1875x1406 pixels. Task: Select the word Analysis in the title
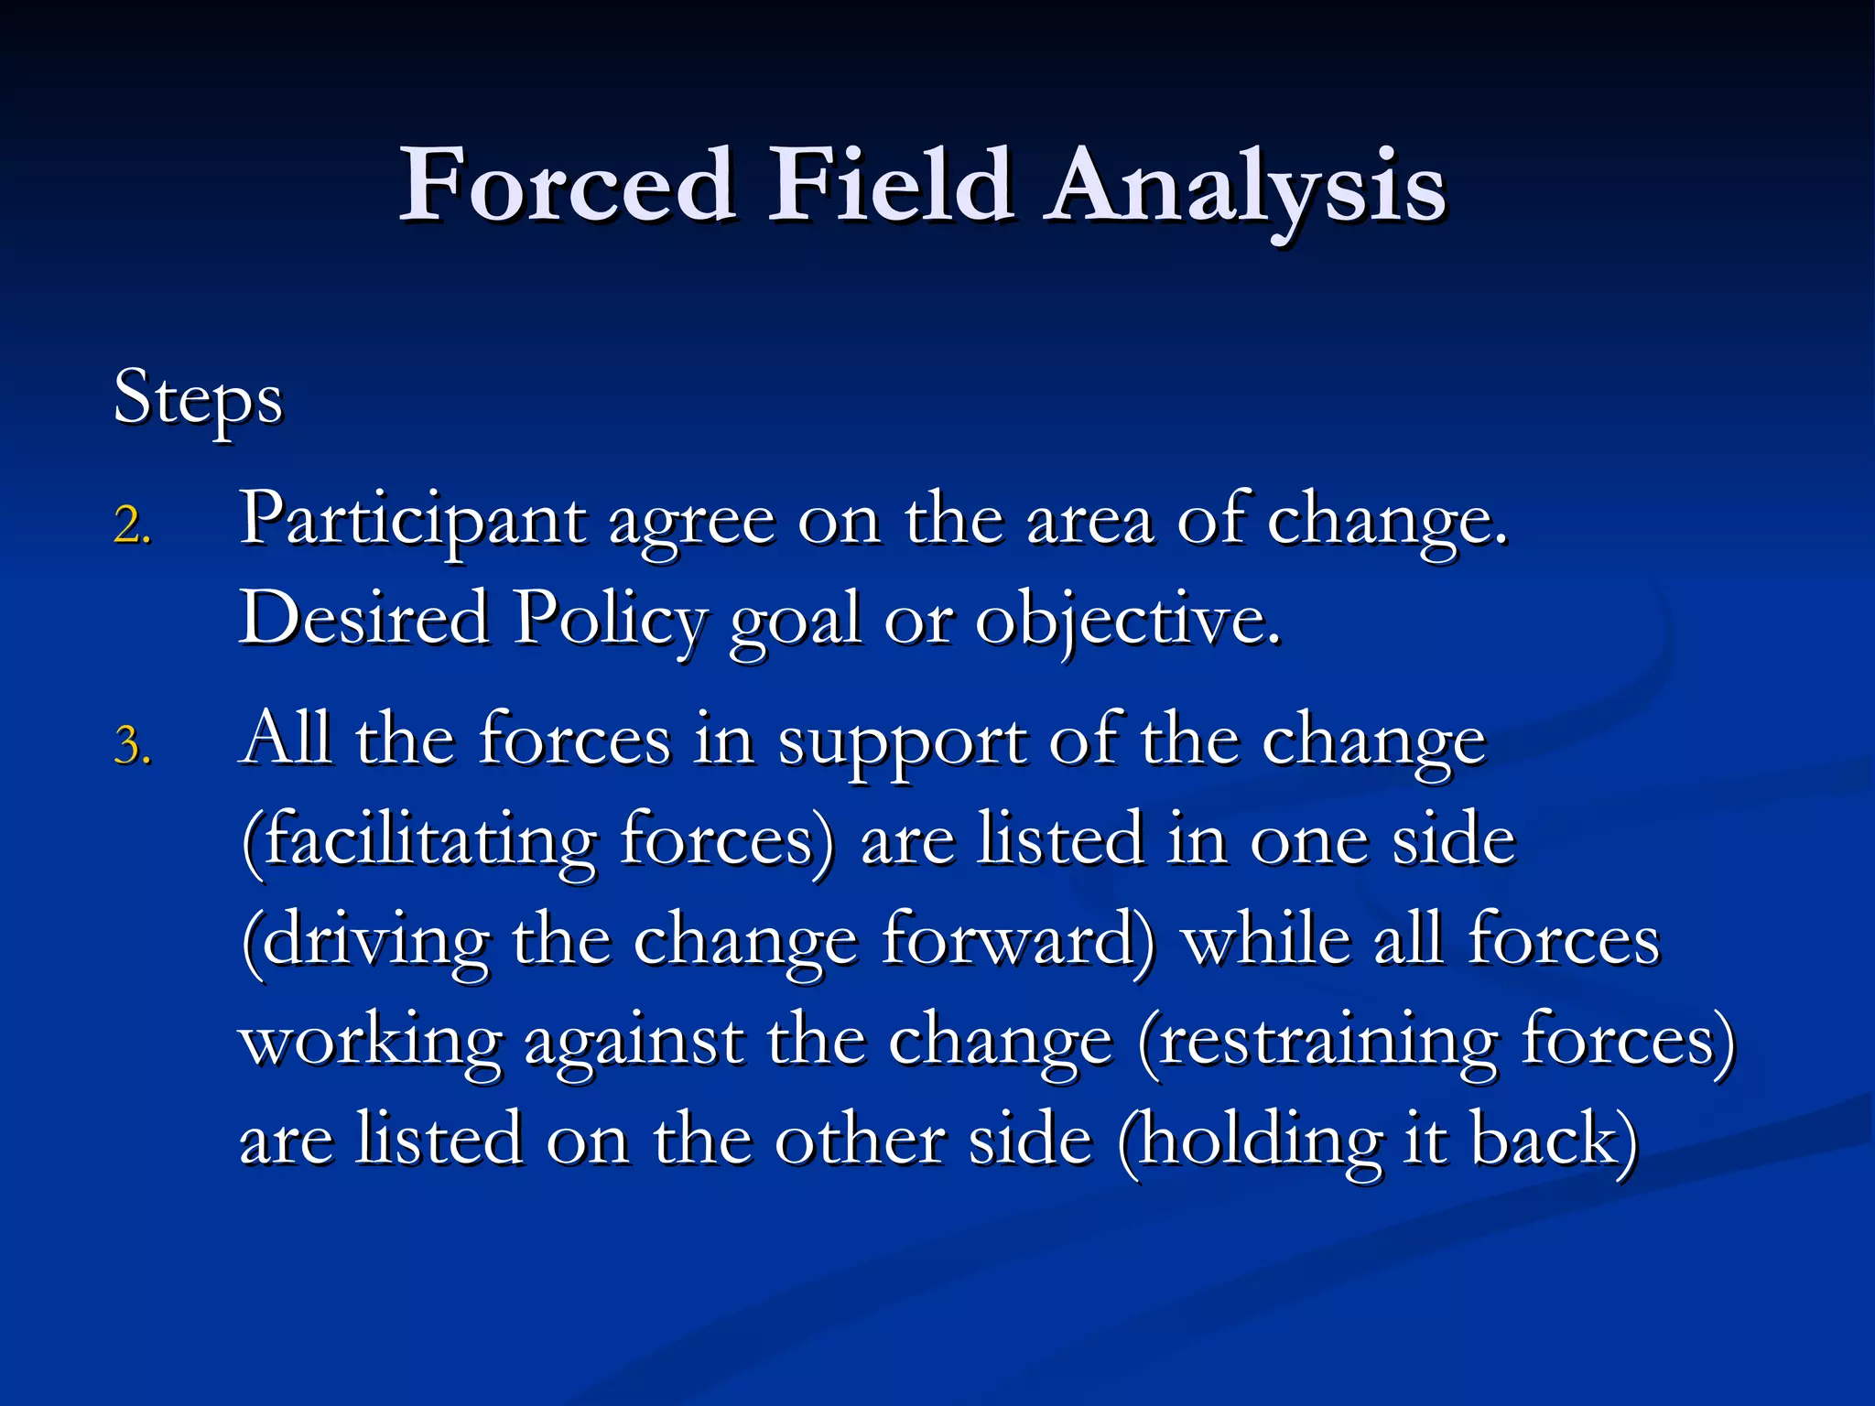(x=1247, y=188)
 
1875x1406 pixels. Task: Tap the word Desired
(x=364, y=619)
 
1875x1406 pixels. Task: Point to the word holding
(x=1251, y=1142)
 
